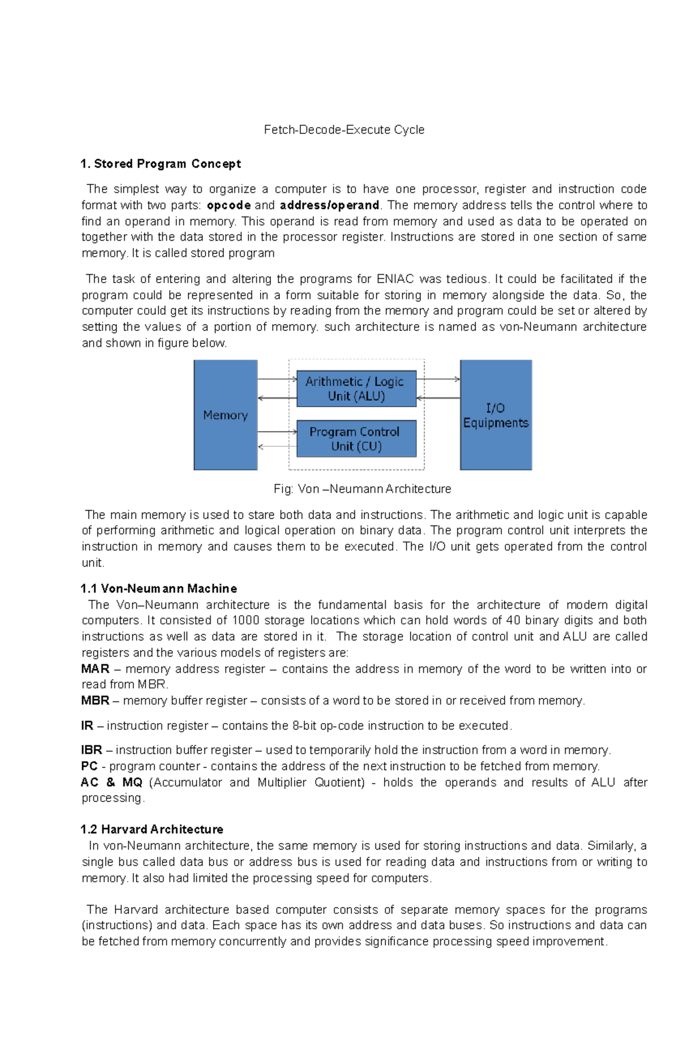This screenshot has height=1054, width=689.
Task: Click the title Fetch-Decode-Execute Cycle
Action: click(x=344, y=130)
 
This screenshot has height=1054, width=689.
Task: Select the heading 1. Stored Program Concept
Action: click(x=161, y=164)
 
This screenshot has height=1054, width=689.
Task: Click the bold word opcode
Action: click(x=229, y=205)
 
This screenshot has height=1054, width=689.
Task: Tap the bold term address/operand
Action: click(x=329, y=205)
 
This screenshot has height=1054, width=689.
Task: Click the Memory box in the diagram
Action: click(x=225, y=415)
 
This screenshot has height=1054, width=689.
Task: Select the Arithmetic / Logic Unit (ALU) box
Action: click(x=356, y=389)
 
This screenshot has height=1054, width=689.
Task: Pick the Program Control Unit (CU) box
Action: click(x=356, y=439)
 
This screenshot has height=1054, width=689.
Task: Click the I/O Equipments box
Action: click(x=496, y=415)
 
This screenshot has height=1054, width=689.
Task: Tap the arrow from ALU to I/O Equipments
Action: click(x=438, y=379)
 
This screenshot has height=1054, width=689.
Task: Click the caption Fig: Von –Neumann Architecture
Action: click(x=362, y=489)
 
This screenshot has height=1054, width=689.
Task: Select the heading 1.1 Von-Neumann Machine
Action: click(x=158, y=589)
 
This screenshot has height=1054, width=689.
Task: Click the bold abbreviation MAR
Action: click(x=95, y=669)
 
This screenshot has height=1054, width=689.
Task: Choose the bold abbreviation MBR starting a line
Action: click(x=95, y=701)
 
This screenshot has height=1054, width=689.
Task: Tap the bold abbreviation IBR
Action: click(x=91, y=750)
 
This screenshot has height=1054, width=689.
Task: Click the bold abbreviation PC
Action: click(x=89, y=766)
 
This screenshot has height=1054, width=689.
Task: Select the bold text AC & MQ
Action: click(x=111, y=782)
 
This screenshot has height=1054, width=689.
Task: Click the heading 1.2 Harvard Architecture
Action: click(x=152, y=829)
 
